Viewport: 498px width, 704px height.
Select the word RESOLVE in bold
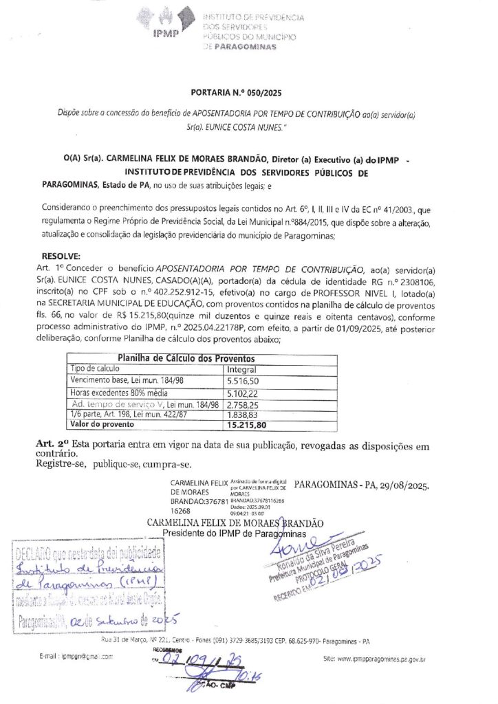pyautogui.click(x=61, y=256)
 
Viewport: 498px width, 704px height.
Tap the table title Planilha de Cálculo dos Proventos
pyautogui.click(x=186, y=358)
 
